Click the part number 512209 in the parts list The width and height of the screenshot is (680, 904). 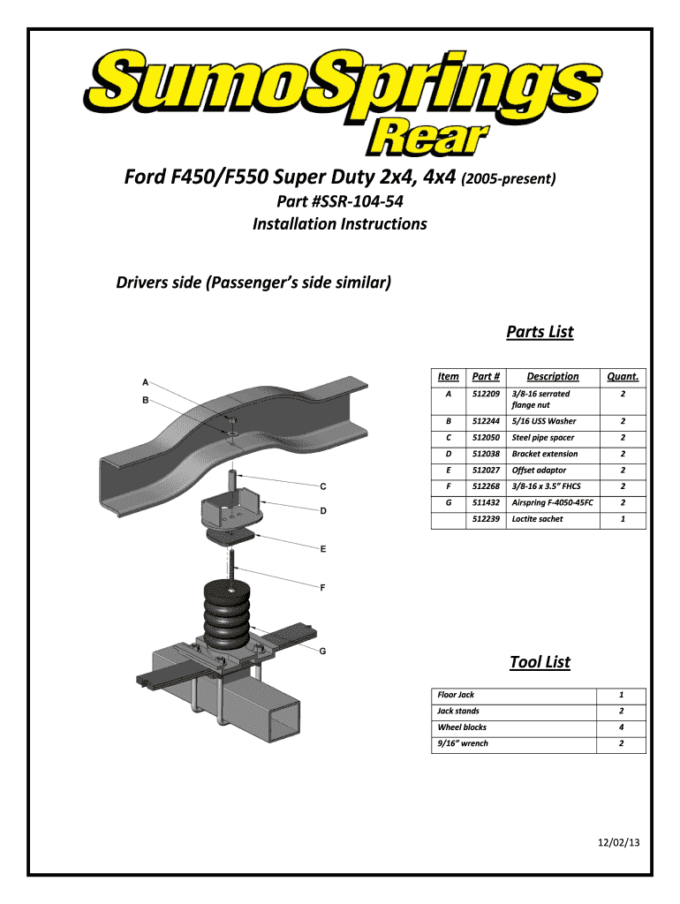486,394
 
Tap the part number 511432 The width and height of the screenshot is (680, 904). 486,502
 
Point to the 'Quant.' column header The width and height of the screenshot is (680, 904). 622,377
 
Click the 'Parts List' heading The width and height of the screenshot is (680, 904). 539,332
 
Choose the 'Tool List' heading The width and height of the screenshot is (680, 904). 540,662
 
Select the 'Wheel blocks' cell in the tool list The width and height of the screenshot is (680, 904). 462,727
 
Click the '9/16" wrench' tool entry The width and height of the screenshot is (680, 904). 463,743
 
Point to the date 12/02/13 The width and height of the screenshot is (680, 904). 616,843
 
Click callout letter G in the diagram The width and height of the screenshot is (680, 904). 323,652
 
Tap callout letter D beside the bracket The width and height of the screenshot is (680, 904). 323,510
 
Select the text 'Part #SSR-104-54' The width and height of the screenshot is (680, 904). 339,202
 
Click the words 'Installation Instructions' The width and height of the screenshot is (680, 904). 339,224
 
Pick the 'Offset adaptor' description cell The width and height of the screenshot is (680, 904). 539,471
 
